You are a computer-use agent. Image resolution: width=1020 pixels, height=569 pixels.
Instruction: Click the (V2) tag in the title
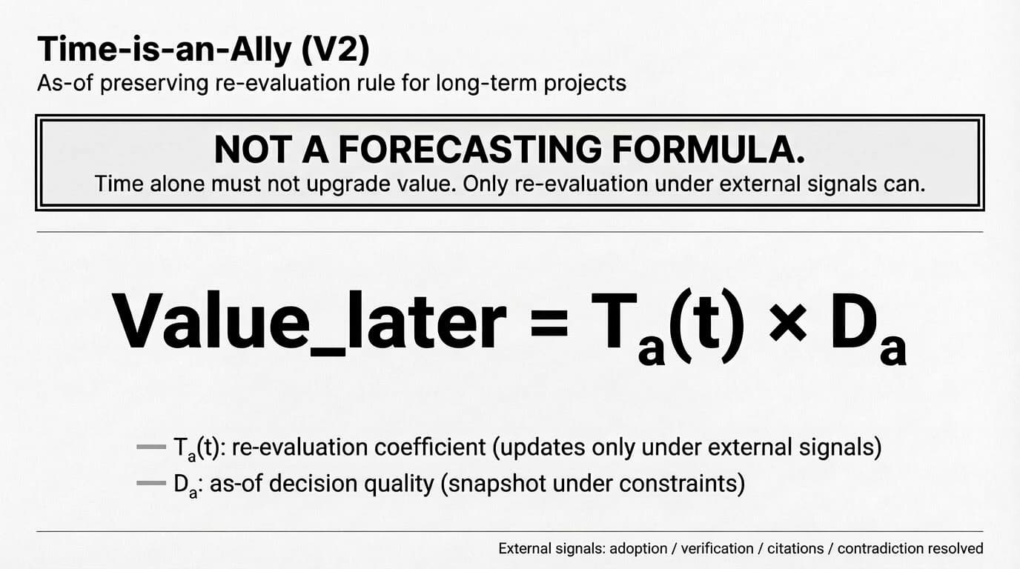[335, 50]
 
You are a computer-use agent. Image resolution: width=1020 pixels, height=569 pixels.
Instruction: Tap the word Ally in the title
[260, 50]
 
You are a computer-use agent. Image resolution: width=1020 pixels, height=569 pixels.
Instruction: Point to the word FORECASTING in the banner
[469, 149]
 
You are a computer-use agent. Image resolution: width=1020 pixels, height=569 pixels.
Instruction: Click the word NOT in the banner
[254, 149]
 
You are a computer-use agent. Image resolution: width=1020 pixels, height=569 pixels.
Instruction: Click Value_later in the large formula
[309, 321]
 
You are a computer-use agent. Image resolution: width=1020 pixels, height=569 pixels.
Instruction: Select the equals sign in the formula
[549, 322]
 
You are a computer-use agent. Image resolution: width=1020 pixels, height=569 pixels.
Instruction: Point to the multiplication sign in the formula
[787, 322]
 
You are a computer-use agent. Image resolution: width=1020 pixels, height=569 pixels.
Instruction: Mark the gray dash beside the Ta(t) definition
[151, 447]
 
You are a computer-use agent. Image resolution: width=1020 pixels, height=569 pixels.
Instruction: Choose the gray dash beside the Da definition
[151, 483]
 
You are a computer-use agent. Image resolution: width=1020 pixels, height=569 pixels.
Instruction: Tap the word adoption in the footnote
[638, 549]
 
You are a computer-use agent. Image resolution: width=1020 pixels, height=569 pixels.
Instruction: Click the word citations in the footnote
[795, 548]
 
